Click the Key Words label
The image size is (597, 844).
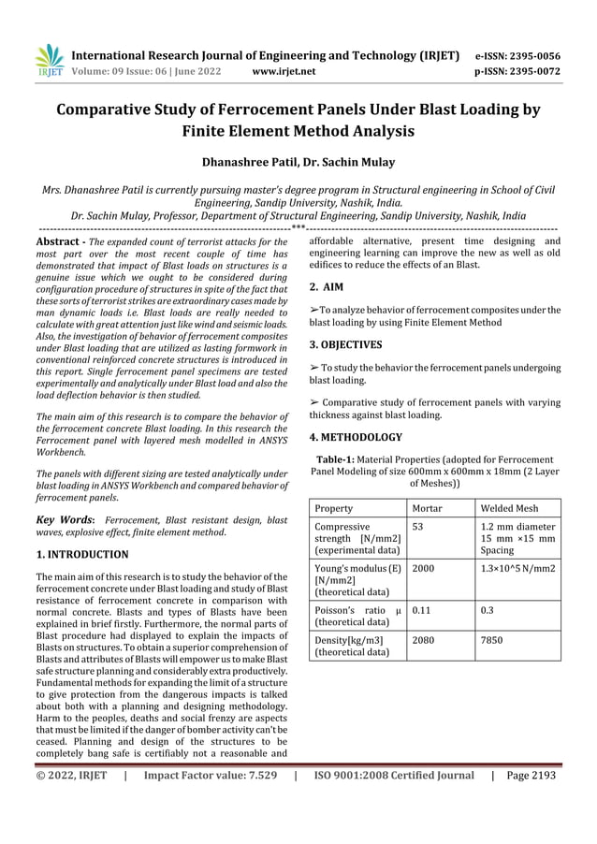click(64, 518)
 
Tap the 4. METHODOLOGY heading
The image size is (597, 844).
click(356, 437)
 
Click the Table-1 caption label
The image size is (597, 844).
click(342, 459)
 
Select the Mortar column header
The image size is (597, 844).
click(430, 508)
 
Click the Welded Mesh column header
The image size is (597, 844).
click(509, 508)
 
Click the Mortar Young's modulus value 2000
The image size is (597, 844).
click(423, 569)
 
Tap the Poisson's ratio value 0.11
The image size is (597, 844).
click(421, 610)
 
